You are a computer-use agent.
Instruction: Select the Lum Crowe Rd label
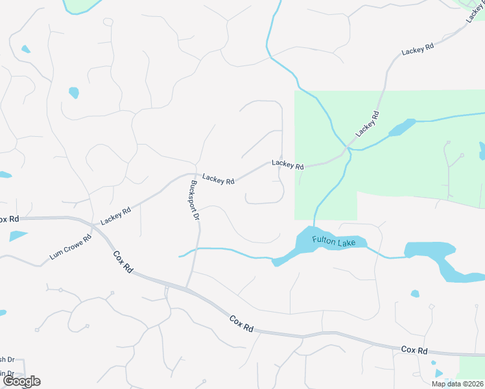tap(71, 247)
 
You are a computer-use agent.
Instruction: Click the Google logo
tap(21, 381)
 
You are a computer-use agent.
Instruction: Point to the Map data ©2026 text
tap(456, 384)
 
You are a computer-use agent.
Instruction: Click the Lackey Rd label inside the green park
tap(367, 124)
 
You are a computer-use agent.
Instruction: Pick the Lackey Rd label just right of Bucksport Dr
tap(218, 178)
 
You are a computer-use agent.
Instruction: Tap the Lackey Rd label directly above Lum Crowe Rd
tap(116, 215)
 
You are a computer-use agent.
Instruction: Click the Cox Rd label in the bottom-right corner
tap(414, 350)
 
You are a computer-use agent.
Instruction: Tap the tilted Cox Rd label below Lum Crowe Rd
tap(123, 262)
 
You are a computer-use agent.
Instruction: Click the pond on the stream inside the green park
tap(401, 127)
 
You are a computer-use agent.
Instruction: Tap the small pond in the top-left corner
tap(26, 49)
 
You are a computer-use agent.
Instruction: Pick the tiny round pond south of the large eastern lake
tap(415, 294)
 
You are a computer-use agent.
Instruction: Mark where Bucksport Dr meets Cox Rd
tap(187, 287)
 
